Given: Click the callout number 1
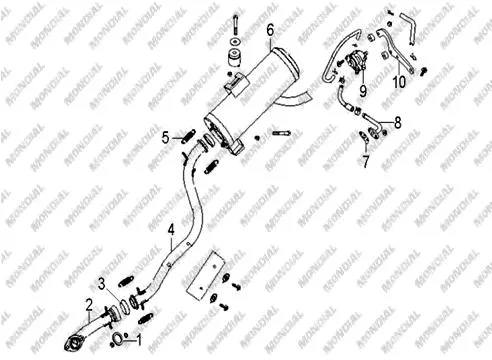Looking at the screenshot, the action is [139, 340].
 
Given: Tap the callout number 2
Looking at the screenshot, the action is [89, 305].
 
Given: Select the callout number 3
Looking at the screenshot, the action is [102, 284].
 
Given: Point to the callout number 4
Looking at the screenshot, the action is [171, 230].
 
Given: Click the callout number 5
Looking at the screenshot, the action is [166, 138].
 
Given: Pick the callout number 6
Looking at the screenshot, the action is [270, 30].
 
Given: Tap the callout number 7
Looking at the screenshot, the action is [366, 162].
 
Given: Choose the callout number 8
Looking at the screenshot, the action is [398, 122].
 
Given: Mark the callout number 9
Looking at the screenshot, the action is [363, 91].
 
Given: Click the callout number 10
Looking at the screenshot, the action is [399, 82].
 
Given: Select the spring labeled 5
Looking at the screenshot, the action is [188, 136].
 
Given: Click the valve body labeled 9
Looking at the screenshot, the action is [356, 60].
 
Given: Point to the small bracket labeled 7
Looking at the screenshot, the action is [364, 137].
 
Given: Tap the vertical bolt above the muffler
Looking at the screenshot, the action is [236, 25].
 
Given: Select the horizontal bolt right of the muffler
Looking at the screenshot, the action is [282, 133].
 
